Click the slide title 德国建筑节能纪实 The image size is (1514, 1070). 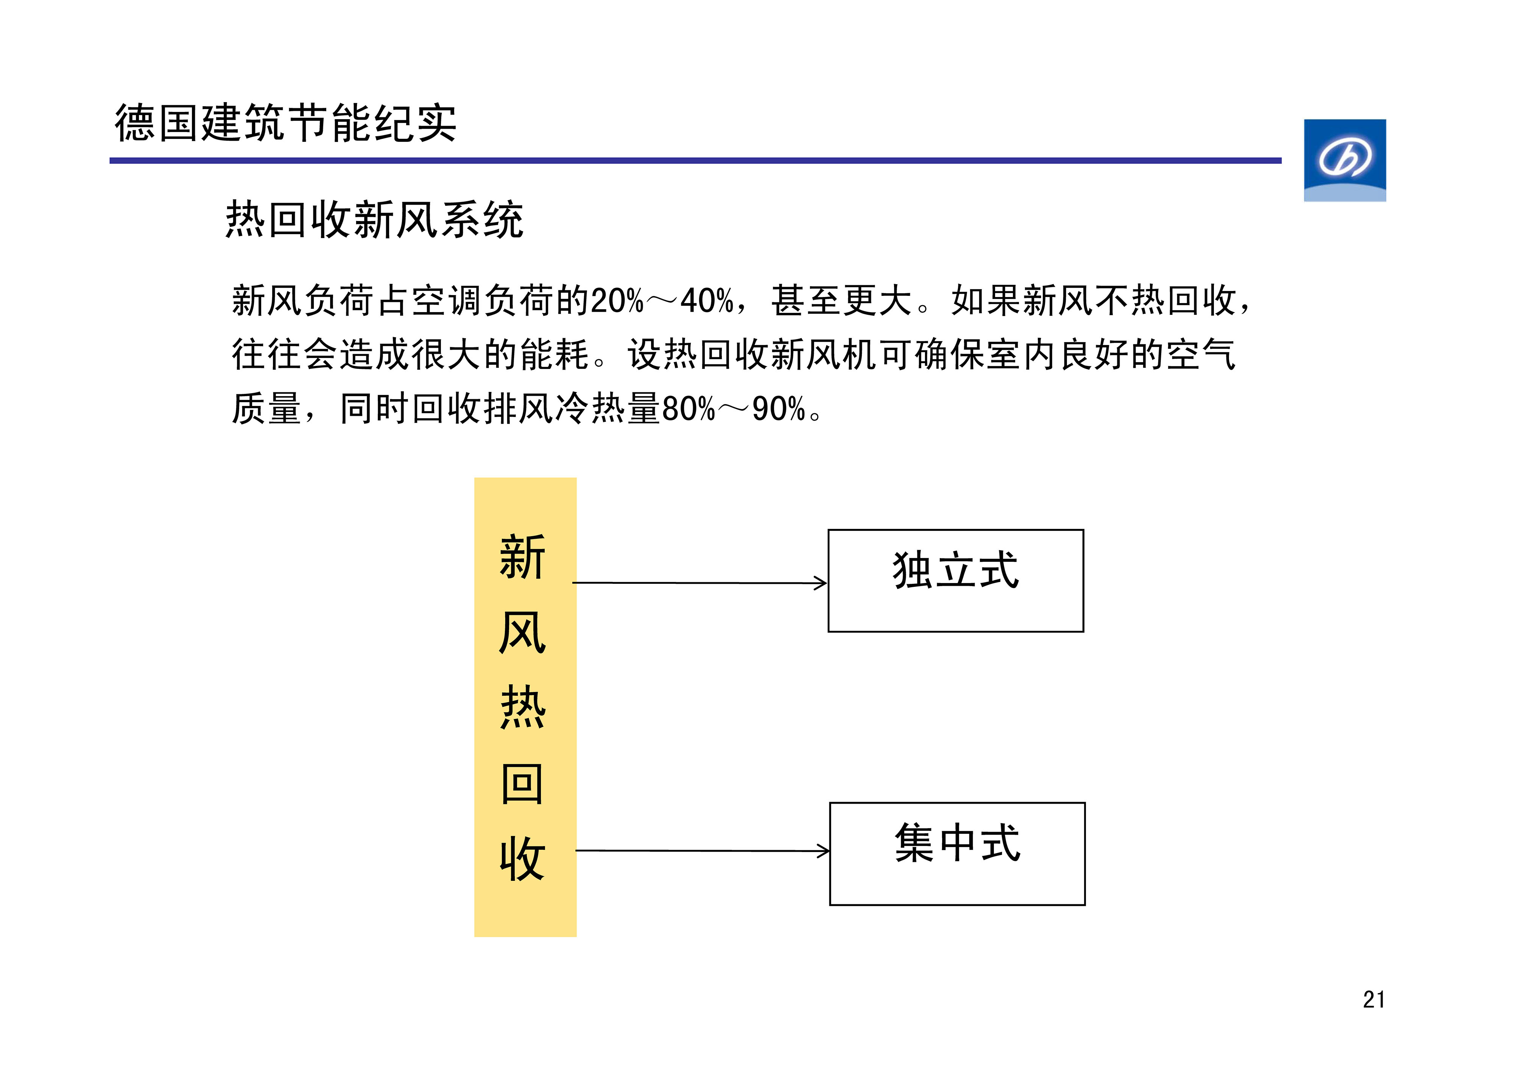(285, 123)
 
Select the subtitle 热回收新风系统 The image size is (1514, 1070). (375, 219)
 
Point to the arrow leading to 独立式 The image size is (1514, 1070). (699, 583)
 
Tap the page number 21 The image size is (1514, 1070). (1374, 1000)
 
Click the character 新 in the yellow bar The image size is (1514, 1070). (522, 557)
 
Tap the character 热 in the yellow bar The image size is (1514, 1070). (522, 708)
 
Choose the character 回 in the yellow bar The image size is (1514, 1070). (522, 783)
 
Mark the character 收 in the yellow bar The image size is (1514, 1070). (522, 859)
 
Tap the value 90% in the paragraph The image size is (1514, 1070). (779, 409)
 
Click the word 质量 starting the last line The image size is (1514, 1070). (267, 408)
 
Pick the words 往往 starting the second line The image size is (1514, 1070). (267, 354)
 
